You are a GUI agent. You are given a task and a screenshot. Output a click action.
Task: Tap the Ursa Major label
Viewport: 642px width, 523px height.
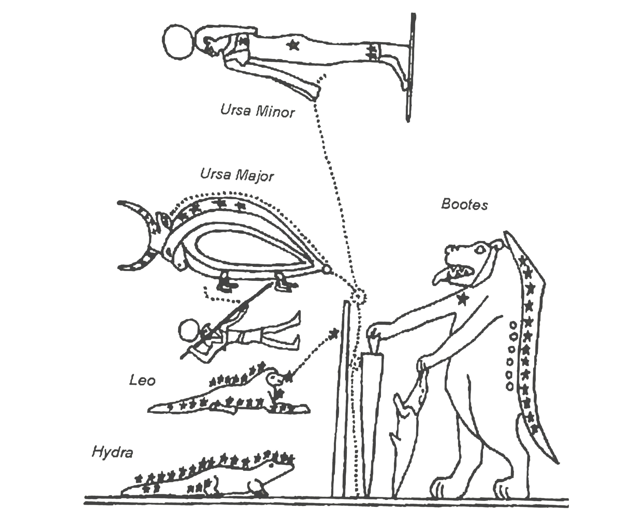[x=237, y=175]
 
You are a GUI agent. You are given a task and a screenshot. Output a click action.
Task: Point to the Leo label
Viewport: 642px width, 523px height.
[x=142, y=381]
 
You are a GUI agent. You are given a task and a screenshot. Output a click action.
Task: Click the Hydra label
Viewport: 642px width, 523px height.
[x=113, y=452]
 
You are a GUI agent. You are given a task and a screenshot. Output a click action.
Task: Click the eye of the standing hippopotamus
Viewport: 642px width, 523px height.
[x=479, y=249]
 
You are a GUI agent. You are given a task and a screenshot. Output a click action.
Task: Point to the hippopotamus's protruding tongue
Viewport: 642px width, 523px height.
[x=441, y=277]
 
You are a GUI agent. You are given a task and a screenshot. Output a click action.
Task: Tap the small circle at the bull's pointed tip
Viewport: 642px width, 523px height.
[x=327, y=269]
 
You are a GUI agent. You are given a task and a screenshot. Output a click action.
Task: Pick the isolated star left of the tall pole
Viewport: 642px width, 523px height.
[x=333, y=333]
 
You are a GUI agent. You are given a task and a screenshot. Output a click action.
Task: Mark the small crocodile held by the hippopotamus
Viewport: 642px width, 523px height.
[x=405, y=422]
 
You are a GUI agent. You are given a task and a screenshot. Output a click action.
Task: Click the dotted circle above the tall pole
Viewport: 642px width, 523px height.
[x=358, y=297]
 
